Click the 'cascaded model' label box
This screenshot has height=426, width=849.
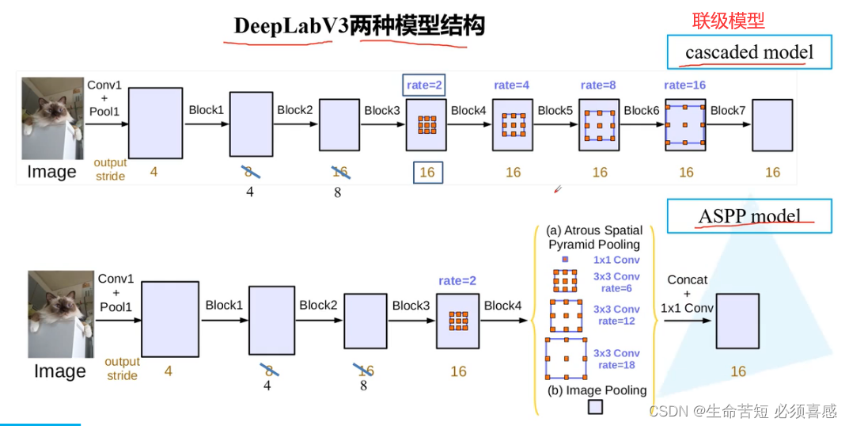pyautogui.click(x=749, y=53)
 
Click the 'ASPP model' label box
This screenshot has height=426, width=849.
pyautogui.click(x=749, y=216)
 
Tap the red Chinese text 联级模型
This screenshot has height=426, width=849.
pyautogui.click(x=728, y=21)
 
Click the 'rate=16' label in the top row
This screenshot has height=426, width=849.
pyautogui.click(x=684, y=85)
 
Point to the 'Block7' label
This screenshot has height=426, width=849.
pyautogui.click(x=728, y=110)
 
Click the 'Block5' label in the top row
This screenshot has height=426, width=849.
pyautogui.click(x=555, y=110)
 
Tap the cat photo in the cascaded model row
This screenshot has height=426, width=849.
pyautogui.click(x=52, y=118)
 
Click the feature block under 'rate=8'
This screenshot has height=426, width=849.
pyautogui.click(x=599, y=124)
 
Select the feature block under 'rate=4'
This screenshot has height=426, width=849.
pyautogui.click(x=513, y=124)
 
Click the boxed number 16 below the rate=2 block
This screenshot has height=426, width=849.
pyautogui.click(x=427, y=172)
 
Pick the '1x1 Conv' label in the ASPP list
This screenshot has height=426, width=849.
pyautogui.click(x=616, y=260)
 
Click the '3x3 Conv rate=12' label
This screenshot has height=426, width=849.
pyautogui.click(x=616, y=315)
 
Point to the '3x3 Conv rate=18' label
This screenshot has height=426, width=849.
pyautogui.click(x=616, y=359)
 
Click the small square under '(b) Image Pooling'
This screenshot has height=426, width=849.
pyautogui.click(x=595, y=406)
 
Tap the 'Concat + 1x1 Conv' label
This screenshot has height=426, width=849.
pyautogui.click(x=685, y=294)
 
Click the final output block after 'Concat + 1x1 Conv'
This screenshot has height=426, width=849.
pyautogui.click(x=737, y=321)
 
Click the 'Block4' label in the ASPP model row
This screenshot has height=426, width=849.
pyautogui.click(x=503, y=305)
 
